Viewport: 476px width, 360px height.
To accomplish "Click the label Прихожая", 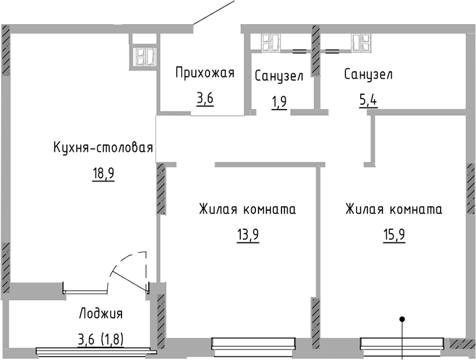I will click(205, 74).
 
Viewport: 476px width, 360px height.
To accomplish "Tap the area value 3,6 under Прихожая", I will click(205, 99).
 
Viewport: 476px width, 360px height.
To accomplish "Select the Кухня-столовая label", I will click(103, 148).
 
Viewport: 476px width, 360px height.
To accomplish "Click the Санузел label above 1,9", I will click(279, 76).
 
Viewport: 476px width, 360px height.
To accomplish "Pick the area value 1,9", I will click(279, 101).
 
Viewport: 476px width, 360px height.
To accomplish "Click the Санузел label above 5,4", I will click(368, 75).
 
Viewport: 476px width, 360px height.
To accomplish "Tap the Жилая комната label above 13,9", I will click(247, 209).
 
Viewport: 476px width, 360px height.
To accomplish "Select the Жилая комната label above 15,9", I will click(394, 209).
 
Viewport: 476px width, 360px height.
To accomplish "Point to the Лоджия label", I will click(101, 314).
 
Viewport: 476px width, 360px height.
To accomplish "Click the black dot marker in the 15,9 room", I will click(402, 320).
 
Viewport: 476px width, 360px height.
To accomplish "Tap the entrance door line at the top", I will click(214, 13).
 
